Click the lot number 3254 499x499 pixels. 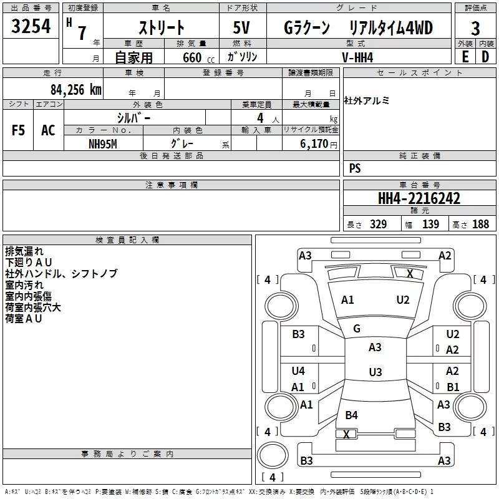click(x=31, y=26)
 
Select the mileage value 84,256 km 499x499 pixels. click(x=75, y=90)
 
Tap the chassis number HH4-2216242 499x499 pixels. click(x=419, y=198)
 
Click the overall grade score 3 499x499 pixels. click(x=475, y=29)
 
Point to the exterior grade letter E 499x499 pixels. click(x=465, y=57)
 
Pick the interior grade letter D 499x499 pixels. click(x=485, y=57)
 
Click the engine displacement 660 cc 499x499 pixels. click(x=198, y=57)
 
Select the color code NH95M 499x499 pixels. click(x=103, y=144)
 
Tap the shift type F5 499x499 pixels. click(x=18, y=130)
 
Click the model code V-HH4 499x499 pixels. click(x=357, y=57)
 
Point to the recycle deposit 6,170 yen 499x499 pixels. click(x=318, y=144)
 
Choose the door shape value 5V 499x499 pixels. click(x=241, y=27)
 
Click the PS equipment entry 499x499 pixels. click(x=355, y=168)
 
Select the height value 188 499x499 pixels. click(x=480, y=224)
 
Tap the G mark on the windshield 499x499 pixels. click(x=357, y=329)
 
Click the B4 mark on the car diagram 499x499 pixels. click(x=351, y=415)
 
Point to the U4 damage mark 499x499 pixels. click(x=298, y=371)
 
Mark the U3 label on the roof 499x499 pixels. click(x=375, y=372)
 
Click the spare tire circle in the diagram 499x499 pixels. click(x=273, y=455)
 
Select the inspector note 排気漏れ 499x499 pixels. click(x=24, y=251)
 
